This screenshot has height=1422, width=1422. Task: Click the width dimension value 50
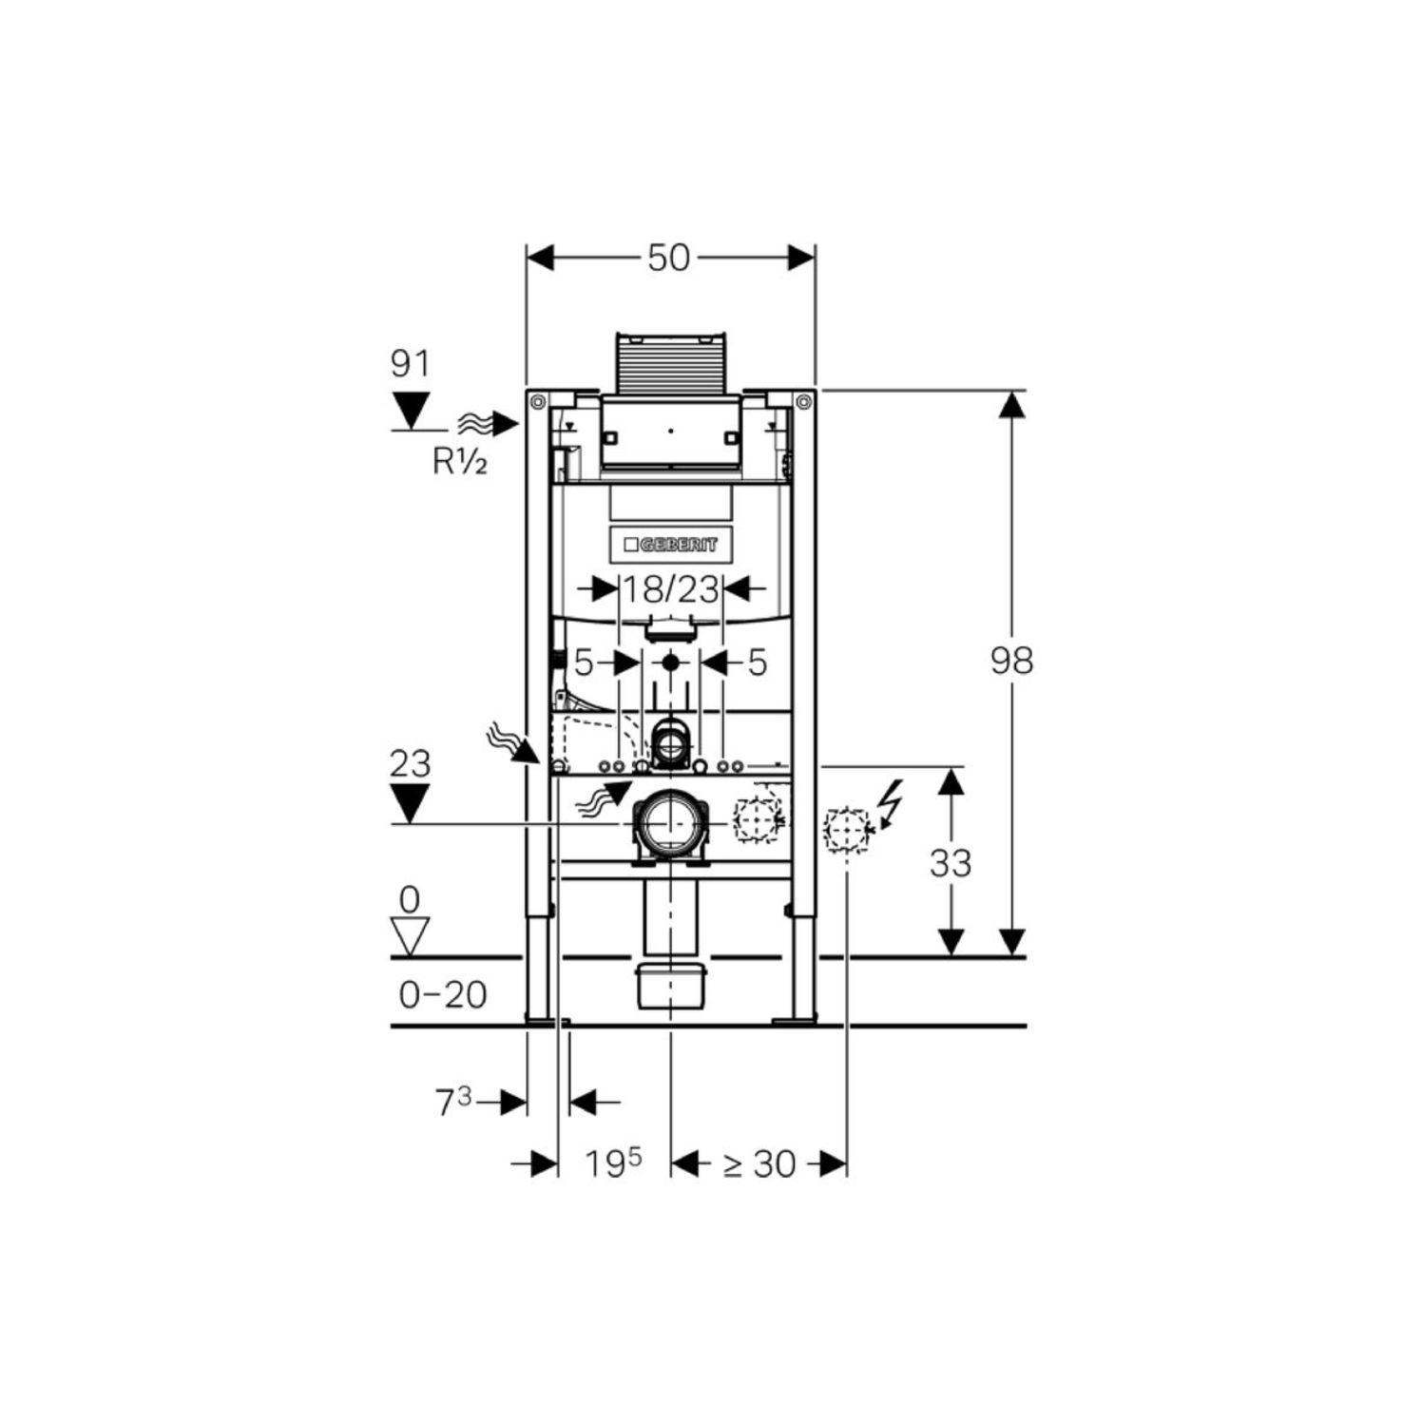click(668, 258)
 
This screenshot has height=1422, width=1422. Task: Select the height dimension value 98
click(1011, 660)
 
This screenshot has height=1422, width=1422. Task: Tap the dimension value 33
click(951, 863)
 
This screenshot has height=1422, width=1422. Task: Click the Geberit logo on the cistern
click(671, 545)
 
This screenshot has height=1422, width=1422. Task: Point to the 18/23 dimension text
click(671, 589)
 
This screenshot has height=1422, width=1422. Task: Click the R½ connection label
click(460, 462)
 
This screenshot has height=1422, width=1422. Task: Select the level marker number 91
click(411, 364)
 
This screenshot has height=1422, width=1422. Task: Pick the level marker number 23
click(411, 763)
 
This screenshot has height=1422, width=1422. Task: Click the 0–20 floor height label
click(443, 995)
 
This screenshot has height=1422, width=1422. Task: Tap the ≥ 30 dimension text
click(759, 1163)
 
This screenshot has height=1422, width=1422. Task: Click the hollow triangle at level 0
click(411, 935)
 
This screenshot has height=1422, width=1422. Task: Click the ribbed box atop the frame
click(671, 362)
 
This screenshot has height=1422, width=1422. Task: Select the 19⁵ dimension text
click(613, 1163)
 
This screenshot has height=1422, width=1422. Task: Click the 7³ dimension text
click(453, 1103)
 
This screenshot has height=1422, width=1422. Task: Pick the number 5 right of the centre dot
click(757, 663)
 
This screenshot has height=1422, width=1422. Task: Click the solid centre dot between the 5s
click(671, 663)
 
